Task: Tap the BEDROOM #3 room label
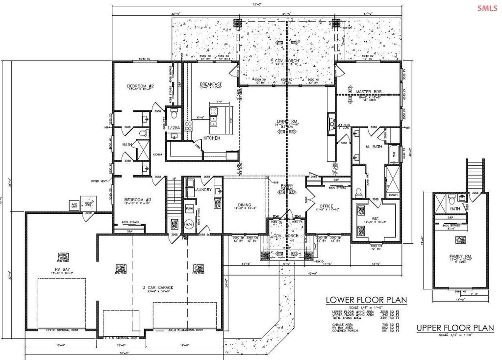(x=134, y=200)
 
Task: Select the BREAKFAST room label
(x=211, y=84)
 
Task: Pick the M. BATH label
(x=373, y=147)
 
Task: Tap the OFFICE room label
(x=326, y=206)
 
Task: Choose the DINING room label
(x=244, y=205)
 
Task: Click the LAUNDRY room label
(x=202, y=189)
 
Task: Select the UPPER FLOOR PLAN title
(x=455, y=328)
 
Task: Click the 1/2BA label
(x=175, y=128)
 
